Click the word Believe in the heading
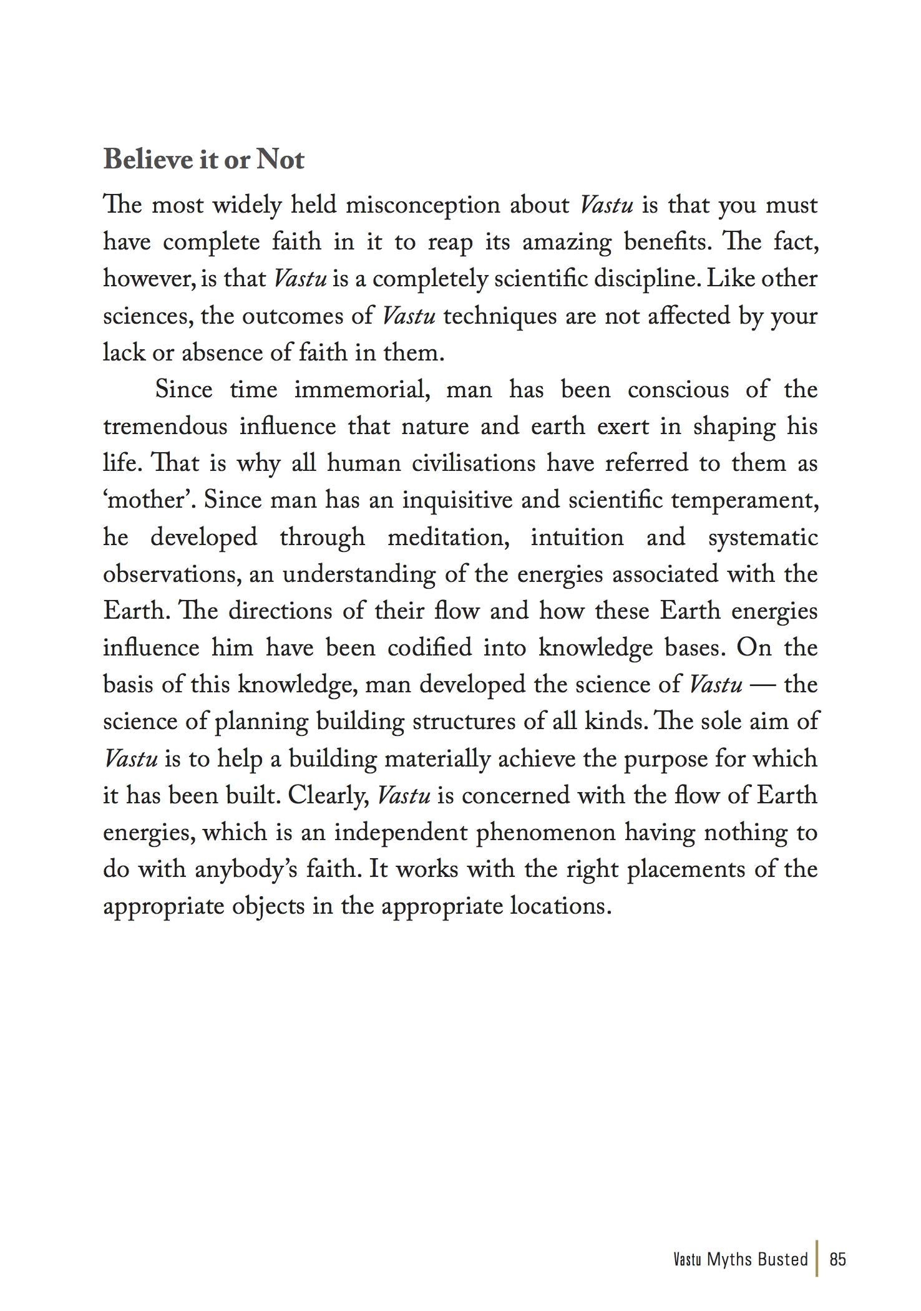coord(148,160)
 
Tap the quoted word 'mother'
coord(149,500)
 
